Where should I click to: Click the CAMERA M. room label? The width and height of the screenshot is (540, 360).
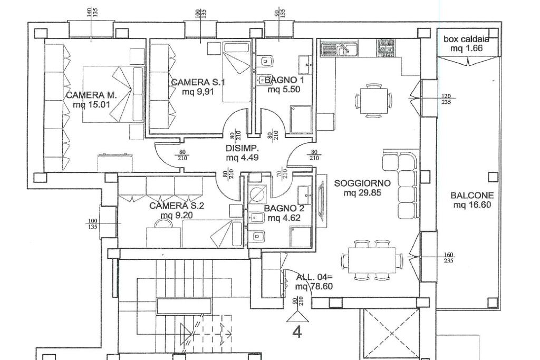tap(91, 95)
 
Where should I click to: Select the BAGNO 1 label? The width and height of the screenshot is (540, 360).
tap(284, 80)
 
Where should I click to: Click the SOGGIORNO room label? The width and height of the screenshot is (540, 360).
tap(362, 183)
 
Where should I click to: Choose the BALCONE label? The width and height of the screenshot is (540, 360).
tap(472, 196)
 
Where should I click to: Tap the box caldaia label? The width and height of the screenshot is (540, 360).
tap(466, 39)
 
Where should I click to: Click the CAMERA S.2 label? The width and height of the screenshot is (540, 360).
tap(176, 206)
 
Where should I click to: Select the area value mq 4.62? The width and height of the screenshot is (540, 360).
tap(283, 218)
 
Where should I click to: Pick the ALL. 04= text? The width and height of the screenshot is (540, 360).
tap(314, 277)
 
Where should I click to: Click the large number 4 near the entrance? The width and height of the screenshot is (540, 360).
tap(297, 332)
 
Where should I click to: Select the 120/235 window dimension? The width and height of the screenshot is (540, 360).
tap(446, 99)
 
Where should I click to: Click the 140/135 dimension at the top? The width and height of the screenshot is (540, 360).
tap(93, 12)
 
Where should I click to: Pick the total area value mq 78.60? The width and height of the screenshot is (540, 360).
tap(314, 287)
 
